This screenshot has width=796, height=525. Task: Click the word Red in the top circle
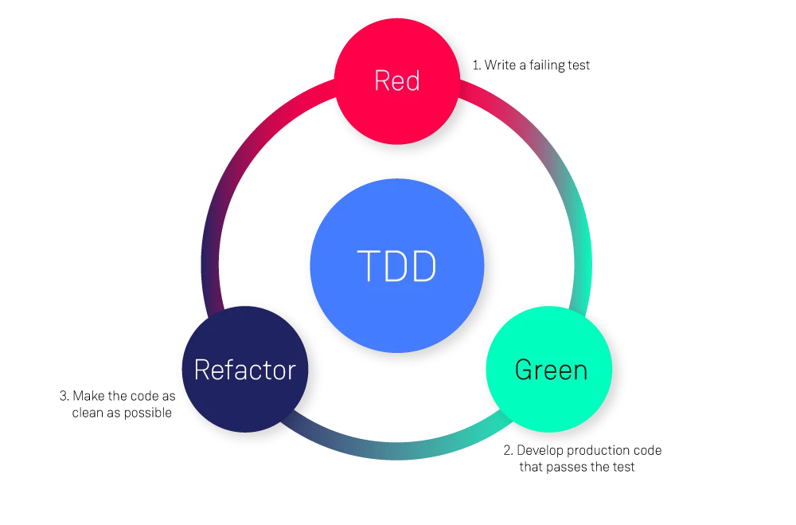coord(396,81)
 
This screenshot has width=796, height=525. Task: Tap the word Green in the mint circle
coord(551,370)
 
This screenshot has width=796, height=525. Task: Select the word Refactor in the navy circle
coord(244,370)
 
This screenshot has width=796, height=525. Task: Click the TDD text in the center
coord(396,266)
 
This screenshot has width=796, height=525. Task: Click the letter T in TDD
coord(367,266)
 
